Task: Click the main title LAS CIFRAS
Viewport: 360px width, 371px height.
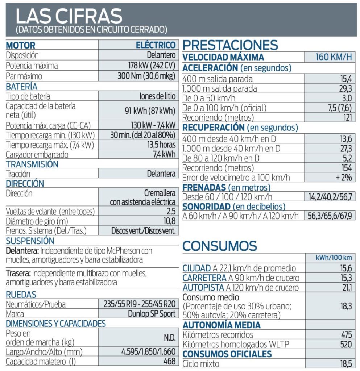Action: tap(69, 16)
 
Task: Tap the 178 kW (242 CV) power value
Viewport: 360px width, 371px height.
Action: tap(149, 66)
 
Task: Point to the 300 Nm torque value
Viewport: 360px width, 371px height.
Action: tap(147, 76)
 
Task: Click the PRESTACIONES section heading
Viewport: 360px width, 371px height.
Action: tap(230, 45)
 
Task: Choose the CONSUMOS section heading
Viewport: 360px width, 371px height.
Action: tap(220, 246)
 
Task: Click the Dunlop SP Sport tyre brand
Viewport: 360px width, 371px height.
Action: tap(152, 314)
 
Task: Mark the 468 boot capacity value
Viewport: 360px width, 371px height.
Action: tap(170, 361)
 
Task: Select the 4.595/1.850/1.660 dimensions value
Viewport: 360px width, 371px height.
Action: tap(148, 352)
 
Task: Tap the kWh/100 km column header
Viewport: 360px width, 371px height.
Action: tap(329, 258)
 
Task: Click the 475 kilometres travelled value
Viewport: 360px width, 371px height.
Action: tap(346, 335)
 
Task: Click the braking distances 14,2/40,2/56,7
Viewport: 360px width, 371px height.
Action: tap(329, 197)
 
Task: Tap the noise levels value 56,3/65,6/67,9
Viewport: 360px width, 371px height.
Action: tap(329, 216)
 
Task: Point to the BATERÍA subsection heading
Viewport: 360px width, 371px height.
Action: tap(21, 87)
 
